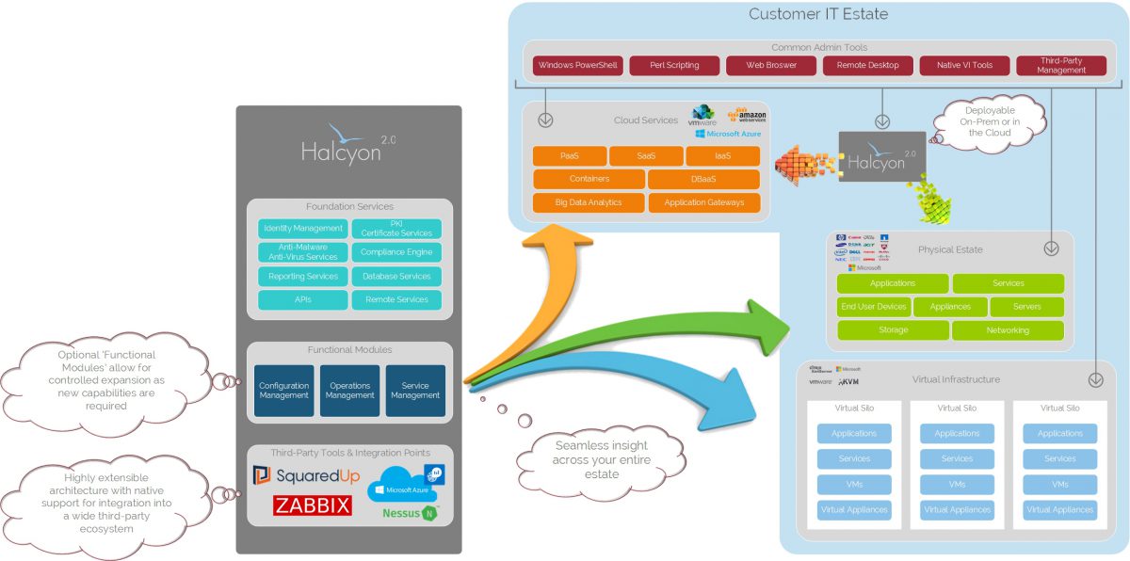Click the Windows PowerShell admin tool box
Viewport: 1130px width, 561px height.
click(x=577, y=66)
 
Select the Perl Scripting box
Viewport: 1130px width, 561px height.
click(x=674, y=66)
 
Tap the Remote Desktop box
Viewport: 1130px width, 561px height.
click(x=867, y=66)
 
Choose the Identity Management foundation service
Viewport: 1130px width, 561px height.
click(x=303, y=229)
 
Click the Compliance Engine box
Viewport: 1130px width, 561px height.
click(x=396, y=252)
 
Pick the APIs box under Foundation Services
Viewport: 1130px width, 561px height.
click(x=303, y=299)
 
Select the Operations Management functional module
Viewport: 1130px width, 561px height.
click(x=349, y=391)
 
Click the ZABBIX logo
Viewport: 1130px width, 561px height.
click(x=313, y=505)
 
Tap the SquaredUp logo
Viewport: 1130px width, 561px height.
click(x=306, y=476)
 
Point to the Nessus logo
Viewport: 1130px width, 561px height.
click(x=409, y=513)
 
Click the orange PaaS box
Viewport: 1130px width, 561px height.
click(x=569, y=155)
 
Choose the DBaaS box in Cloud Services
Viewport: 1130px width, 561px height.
click(x=703, y=179)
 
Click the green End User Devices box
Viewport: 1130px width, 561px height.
click(x=873, y=307)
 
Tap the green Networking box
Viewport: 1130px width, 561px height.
click(x=1008, y=330)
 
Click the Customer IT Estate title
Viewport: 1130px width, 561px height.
click(x=818, y=14)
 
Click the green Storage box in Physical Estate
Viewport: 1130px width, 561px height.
click(x=893, y=330)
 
